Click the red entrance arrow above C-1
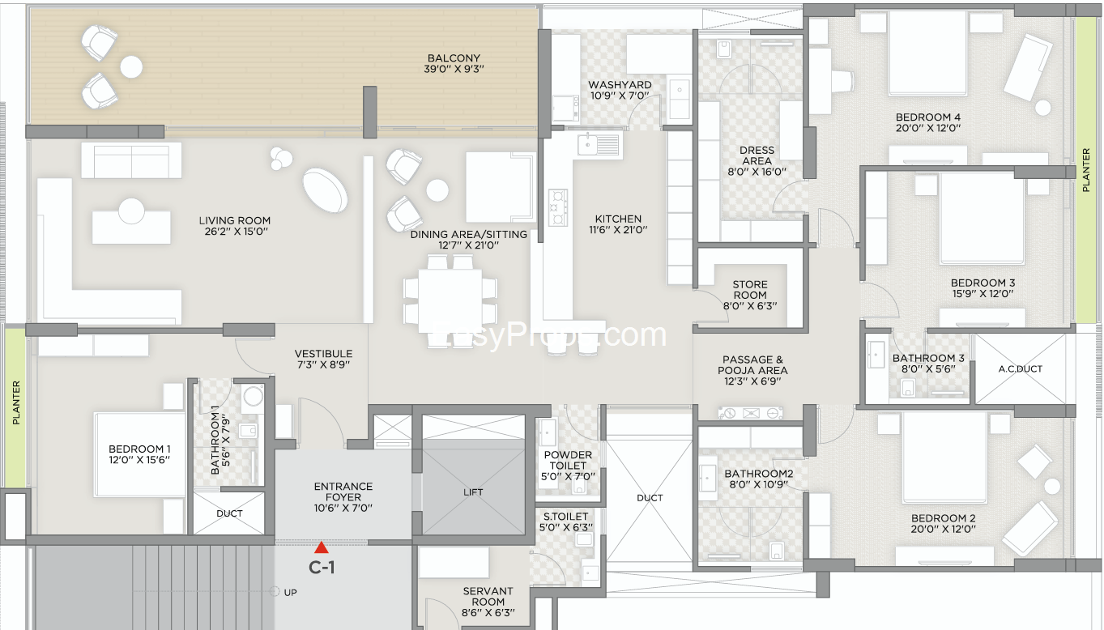click(322, 547)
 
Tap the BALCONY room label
click(454, 58)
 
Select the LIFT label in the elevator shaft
click(473, 492)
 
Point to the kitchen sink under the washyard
click(599, 144)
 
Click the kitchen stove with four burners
click(558, 207)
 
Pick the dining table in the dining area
click(450, 301)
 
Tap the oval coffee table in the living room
click(325, 190)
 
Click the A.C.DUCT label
click(1021, 369)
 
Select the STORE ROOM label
click(750, 290)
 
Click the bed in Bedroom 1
click(140, 454)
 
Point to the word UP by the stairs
click(290, 593)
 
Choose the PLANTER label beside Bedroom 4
click(1086, 170)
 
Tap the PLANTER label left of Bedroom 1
click(16, 402)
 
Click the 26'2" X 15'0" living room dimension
click(236, 231)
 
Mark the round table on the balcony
click(131, 67)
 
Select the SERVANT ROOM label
click(488, 596)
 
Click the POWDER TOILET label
click(568, 460)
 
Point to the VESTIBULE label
click(323, 354)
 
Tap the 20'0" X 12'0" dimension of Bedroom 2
click(943, 529)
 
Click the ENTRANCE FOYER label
click(343, 492)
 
